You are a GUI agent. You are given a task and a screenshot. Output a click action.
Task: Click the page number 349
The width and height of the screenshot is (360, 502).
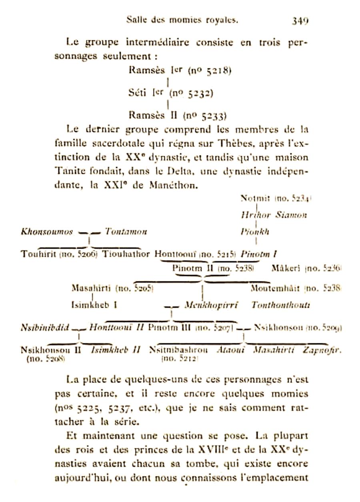point(300,20)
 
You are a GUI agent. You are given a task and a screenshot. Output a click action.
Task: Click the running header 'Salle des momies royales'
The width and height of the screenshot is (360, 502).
point(182,20)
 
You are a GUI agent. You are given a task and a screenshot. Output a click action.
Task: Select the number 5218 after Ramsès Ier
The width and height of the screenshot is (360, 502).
point(218,71)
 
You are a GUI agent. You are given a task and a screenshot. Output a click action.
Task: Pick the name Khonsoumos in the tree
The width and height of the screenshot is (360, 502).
point(47,232)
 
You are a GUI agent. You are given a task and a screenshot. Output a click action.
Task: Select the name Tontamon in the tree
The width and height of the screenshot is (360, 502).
point(126,232)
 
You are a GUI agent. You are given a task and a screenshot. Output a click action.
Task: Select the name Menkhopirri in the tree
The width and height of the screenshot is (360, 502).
point(211,306)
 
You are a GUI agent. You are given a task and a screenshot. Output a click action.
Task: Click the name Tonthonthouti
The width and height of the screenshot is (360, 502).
point(280,306)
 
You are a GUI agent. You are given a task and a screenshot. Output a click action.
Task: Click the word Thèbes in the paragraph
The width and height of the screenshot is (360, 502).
point(230,144)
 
